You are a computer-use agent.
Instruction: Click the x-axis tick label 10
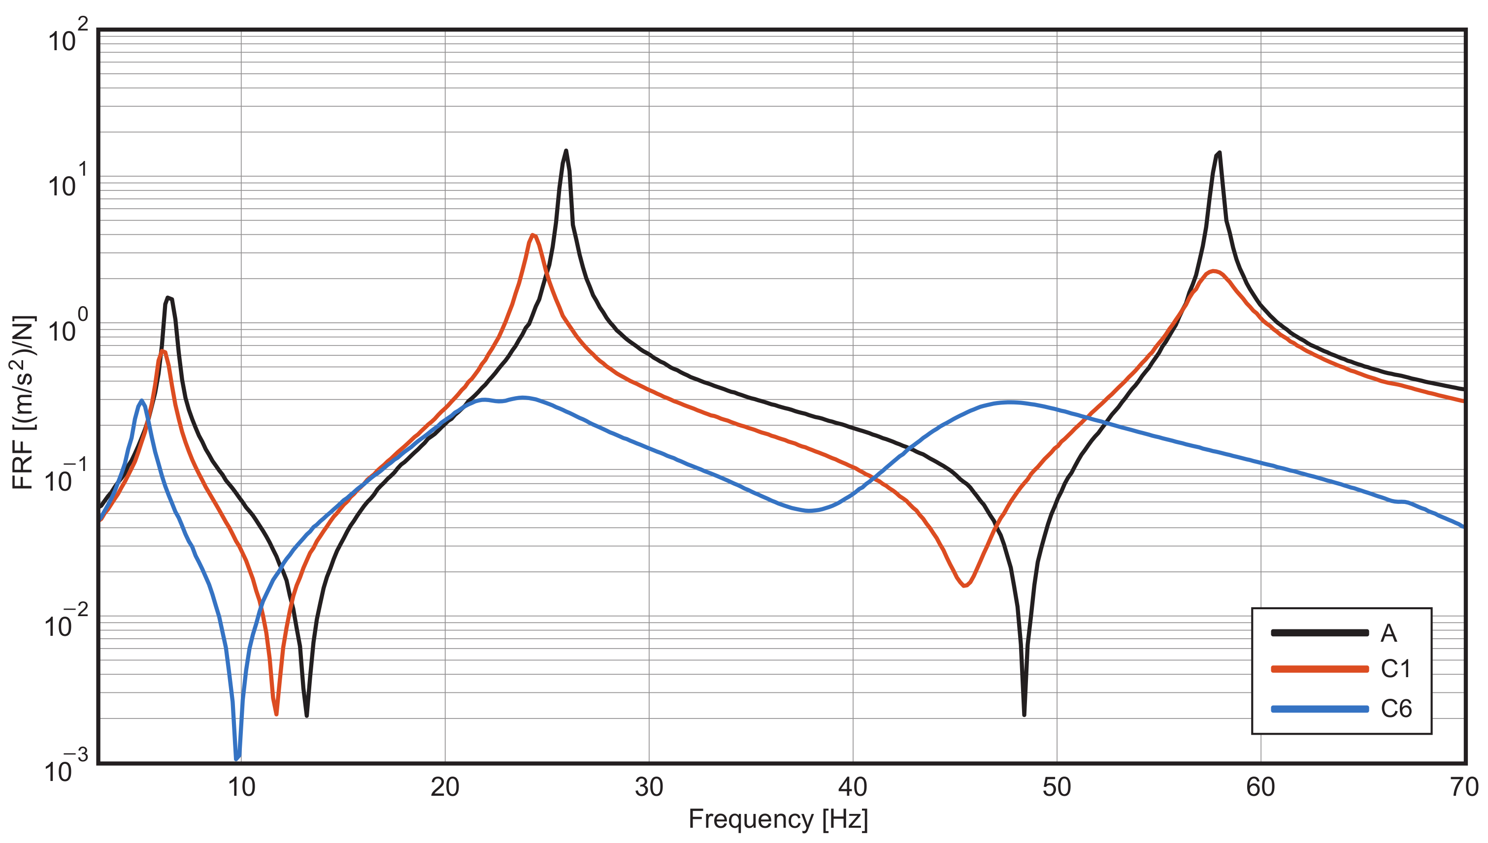(241, 788)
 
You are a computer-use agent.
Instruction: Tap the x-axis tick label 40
(853, 788)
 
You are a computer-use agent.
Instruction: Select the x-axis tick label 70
(1464, 788)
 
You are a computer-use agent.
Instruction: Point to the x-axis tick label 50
(1057, 788)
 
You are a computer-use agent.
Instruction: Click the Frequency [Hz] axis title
(778, 820)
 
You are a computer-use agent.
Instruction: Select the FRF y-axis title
(23, 403)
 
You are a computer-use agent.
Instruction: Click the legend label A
(1389, 634)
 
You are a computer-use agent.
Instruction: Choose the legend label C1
(1396, 669)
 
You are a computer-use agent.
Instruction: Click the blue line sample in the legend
(1320, 709)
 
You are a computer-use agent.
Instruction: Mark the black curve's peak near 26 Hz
(565, 151)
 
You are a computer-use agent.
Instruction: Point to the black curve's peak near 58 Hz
(1219, 153)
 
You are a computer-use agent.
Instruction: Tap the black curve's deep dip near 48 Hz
(1024, 715)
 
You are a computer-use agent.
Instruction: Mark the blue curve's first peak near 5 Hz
(141, 401)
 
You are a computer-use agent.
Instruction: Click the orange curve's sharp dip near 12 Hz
(276, 713)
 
